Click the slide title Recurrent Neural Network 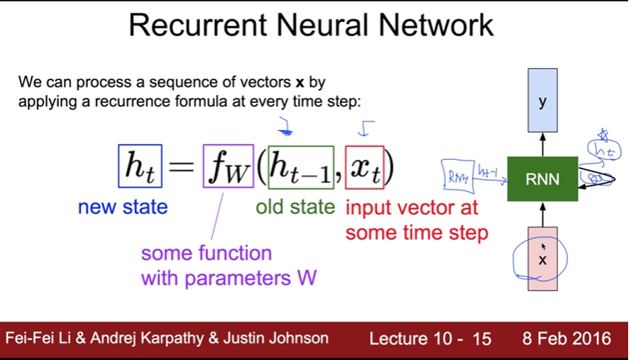[311, 26]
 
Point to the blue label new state [123, 207]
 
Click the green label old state [295, 207]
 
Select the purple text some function [207, 253]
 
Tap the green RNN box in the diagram [543, 179]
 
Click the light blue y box [543, 101]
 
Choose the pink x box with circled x [543, 260]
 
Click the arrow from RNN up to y [543, 145]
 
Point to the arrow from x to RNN [543, 214]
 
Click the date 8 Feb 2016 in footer [566, 339]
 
